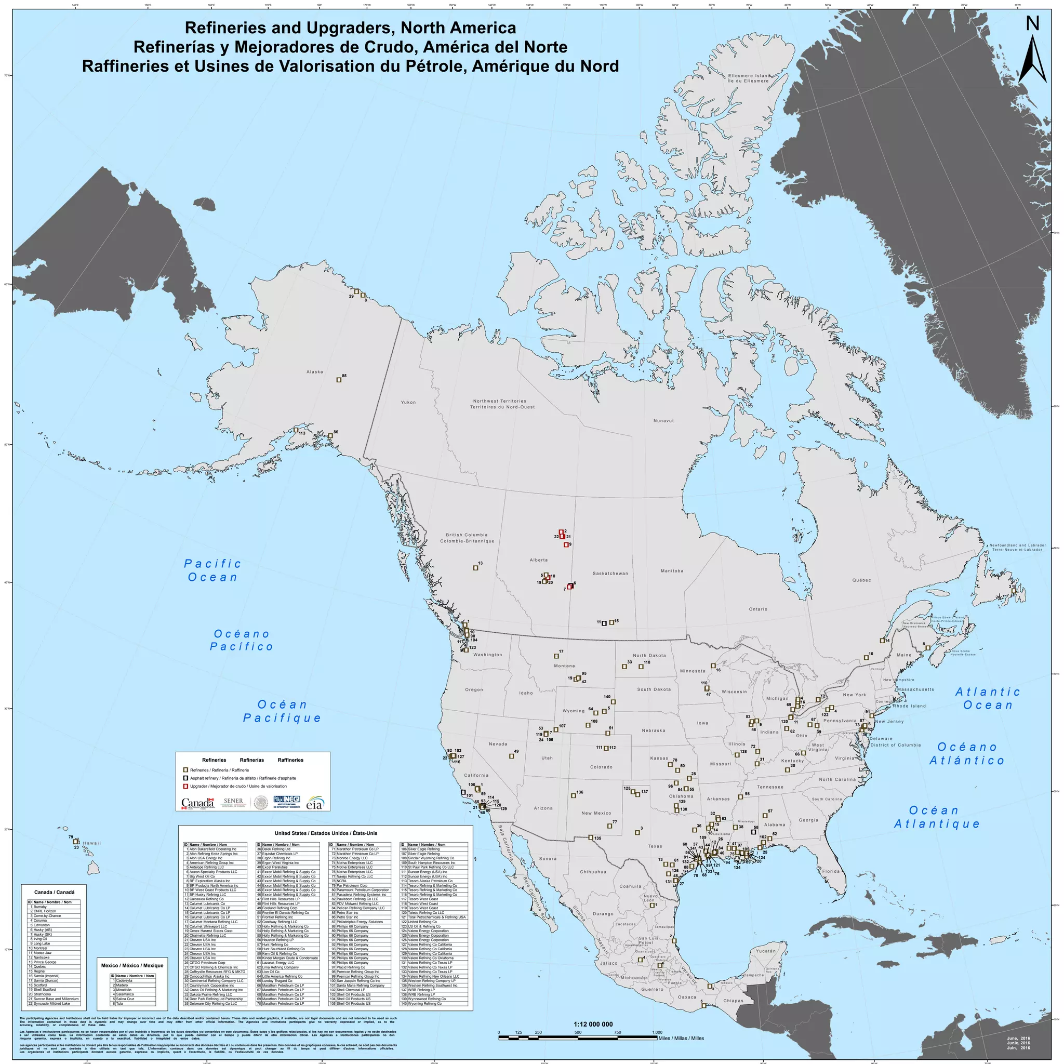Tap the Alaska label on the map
[x=314, y=372]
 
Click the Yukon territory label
[x=408, y=402]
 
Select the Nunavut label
[x=663, y=421]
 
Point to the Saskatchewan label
[x=610, y=574]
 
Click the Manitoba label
[x=672, y=570]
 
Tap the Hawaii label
[x=92, y=843]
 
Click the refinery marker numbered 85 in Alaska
[x=339, y=380]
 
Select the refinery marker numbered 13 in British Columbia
[x=475, y=568]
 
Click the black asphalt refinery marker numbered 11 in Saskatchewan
[x=604, y=623]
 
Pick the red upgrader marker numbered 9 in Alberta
[x=566, y=544]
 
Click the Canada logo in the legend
[x=197, y=804]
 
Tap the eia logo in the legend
[x=315, y=804]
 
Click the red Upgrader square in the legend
[x=185, y=787]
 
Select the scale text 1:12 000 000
[x=593, y=1025]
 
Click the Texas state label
[x=655, y=846]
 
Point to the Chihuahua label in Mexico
[x=593, y=872]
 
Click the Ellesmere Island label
[x=748, y=78]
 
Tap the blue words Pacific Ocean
[x=212, y=570]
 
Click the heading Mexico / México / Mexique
[x=132, y=965]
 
